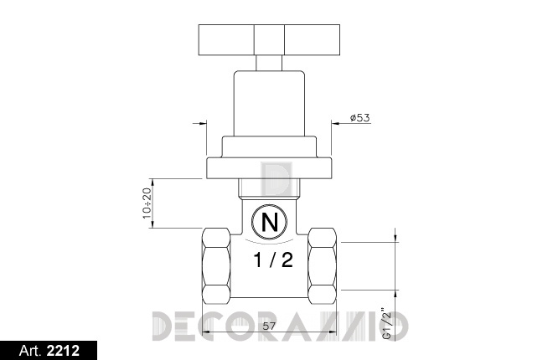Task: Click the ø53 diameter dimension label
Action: (x=360, y=118)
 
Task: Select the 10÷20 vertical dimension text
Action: (x=147, y=203)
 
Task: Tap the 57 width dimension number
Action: (x=269, y=327)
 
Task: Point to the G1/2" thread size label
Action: (x=387, y=324)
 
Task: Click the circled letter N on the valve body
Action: (x=269, y=222)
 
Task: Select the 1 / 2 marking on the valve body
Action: (x=273, y=260)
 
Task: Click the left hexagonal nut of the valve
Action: (x=216, y=266)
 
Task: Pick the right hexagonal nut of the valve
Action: (x=322, y=266)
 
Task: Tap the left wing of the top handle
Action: (x=226, y=40)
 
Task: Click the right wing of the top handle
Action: (x=313, y=40)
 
